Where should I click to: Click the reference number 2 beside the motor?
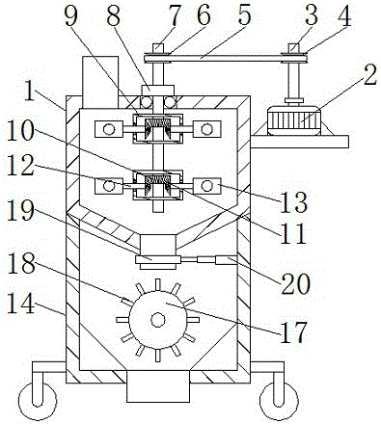(x=369, y=76)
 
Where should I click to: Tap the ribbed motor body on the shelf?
(x=294, y=121)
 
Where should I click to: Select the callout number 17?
(x=293, y=332)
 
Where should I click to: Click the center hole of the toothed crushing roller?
(x=158, y=320)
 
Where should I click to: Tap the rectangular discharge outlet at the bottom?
(x=157, y=386)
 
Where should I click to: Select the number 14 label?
(x=21, y=305)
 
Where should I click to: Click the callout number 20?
(x=295, y=284)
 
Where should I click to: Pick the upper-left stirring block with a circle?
(x=109, y=129)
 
